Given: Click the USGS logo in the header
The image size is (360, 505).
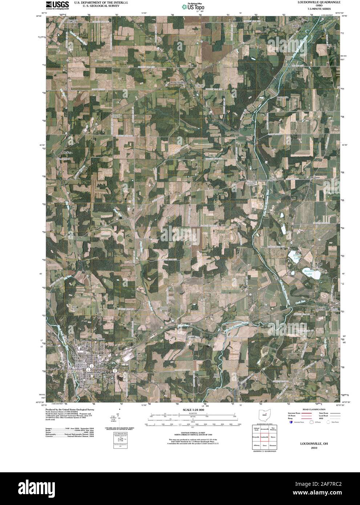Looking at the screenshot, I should [x=55, y=4].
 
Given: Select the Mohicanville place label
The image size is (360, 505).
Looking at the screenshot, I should [x=178, y=82].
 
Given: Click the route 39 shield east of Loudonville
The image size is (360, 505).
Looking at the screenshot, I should [x=114, y=371].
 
